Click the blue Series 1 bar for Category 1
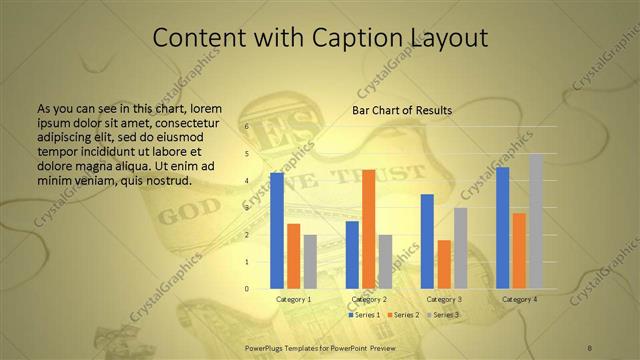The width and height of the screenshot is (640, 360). point(277,231)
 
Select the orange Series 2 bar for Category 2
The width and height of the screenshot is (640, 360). point(368,229)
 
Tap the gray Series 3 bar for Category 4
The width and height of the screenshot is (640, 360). point(535,221)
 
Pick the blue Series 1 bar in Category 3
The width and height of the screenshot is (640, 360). point(427,241)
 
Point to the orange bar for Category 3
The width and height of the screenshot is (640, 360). point(444,264)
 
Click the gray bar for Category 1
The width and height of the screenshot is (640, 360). point(310,262)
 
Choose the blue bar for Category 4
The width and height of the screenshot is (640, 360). point(502,228)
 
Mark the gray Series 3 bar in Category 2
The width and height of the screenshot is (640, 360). point(385,262)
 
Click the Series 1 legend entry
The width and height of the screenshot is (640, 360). point(365,315)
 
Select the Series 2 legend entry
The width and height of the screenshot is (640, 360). point(404,315)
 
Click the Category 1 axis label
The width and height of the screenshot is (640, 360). point(293,299)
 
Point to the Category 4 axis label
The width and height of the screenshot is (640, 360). point(519,299)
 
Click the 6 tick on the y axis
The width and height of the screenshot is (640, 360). point(247,128)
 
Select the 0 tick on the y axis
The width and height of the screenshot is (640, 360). point(247,289)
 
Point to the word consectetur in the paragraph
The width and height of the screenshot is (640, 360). point(188,119)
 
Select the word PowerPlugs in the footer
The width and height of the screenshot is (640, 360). point(267,346)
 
